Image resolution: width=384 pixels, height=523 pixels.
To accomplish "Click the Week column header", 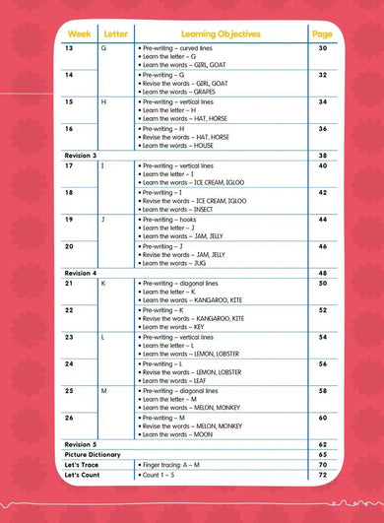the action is point(76,33).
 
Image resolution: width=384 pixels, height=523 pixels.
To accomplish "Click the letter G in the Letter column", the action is point(104,48).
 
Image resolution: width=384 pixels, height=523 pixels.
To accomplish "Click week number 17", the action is point(70,165).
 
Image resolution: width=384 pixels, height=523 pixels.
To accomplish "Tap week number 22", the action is point(70,309).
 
